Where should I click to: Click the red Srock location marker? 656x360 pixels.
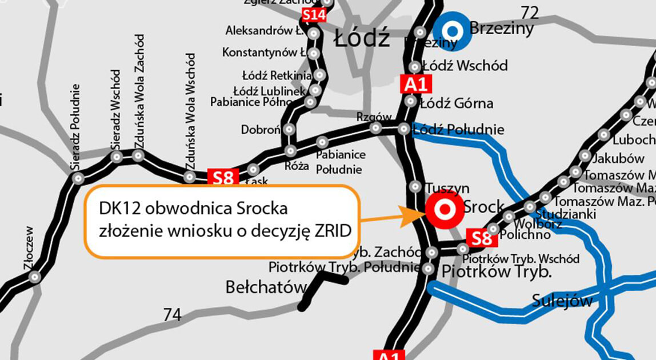click(x=444, y=210)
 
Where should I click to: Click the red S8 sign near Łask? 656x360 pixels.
click(x=223, y=178)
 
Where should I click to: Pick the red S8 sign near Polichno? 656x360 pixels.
click(x=481, y=238)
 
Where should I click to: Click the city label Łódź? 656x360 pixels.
click(x=362, y=39)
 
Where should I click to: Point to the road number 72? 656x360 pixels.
click(x=529, y=13)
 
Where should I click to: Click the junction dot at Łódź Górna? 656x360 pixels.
click(x=410, y=101)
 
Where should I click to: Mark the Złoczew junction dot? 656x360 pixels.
click(x=35, y=278)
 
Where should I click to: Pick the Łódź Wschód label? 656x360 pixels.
click(x=464, y=66)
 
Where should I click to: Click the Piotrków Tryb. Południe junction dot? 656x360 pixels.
click(x=429, y=268)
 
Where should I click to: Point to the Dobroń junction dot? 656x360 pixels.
click(x=289, y=129)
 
